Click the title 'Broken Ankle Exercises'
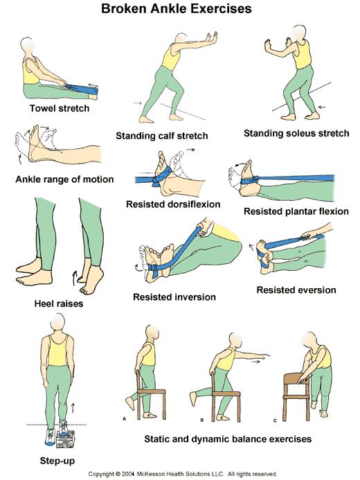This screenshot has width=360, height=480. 176,9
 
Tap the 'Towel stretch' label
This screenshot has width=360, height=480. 60,108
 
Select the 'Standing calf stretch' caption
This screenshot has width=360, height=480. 162,136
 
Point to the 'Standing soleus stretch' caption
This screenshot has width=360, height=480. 296,133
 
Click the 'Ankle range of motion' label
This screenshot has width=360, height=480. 64,179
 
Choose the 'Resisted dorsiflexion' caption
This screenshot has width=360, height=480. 173,204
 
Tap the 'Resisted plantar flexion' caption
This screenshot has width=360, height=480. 296,211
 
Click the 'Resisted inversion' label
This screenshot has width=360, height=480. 174,297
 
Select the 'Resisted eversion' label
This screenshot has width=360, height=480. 296,290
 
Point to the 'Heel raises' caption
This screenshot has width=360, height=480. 59,303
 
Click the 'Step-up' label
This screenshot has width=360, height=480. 57,461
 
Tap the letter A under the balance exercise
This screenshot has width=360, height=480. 124,418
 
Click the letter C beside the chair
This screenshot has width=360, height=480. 275,420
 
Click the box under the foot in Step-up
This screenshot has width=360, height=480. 66,439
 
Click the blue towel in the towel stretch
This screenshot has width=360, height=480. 82,89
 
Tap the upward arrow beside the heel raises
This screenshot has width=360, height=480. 73,278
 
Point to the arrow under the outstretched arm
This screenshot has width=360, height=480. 255,362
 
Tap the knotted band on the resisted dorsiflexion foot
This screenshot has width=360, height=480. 159,177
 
